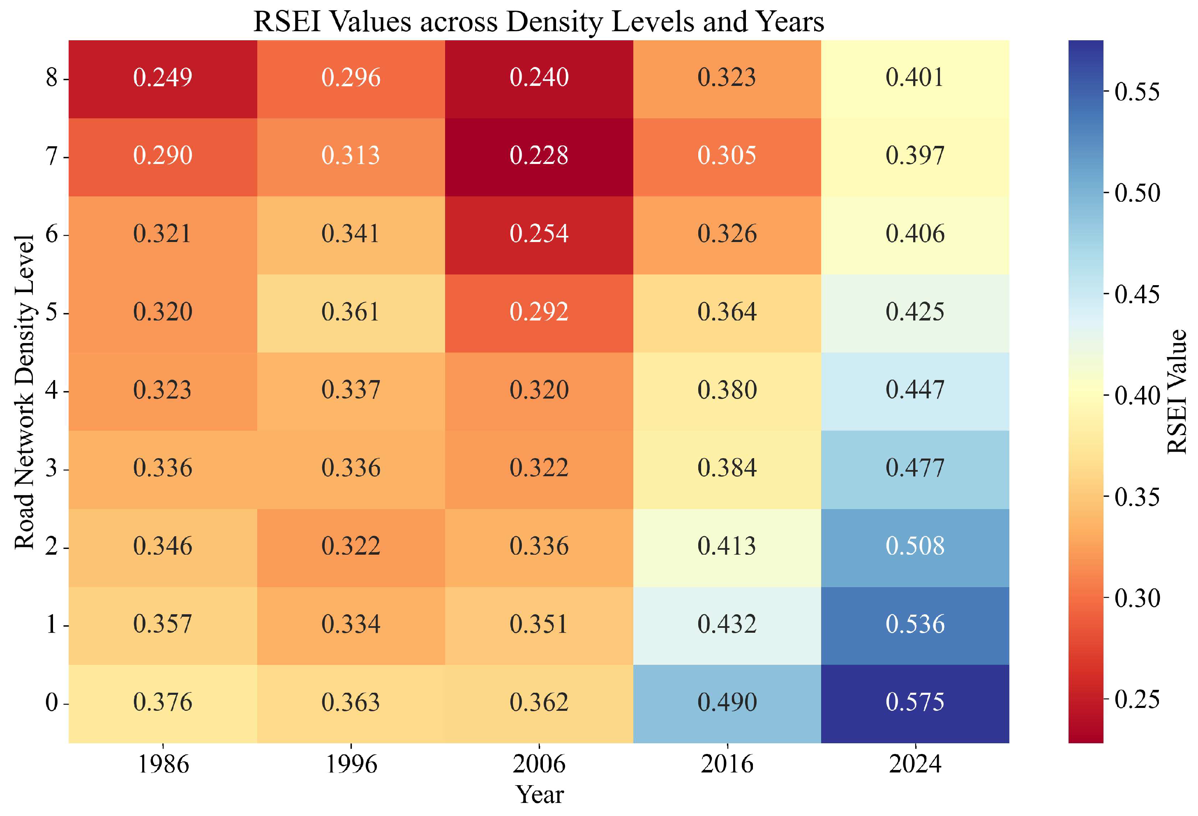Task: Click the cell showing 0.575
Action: point(914,702)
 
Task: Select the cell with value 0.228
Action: point(539,156)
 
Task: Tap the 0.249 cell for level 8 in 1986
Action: point(162,77)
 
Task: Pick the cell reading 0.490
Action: point(727,702)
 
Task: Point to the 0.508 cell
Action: point(914,546)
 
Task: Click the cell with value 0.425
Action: point(914,312)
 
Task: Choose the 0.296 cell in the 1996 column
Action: point(351,77)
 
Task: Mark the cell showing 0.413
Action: point(727,546)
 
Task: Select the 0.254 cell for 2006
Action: point(539,233)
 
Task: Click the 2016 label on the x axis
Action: point(727,764)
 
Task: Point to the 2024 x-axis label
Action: point(915,764)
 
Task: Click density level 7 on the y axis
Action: point(51,156)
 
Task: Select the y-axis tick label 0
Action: point(51,703)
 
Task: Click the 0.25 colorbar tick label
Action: point(1137,699)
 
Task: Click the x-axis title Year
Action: point(539,794)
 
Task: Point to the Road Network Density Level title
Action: point(24,392)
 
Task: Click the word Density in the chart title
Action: point(549,22)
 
